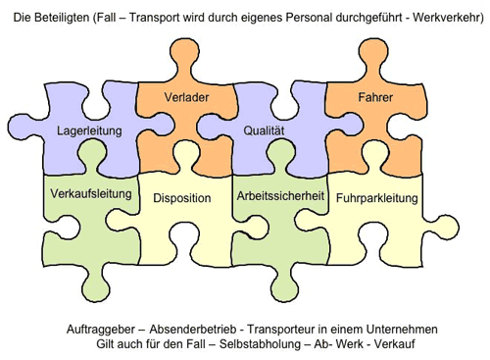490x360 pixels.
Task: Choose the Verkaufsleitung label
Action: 90,193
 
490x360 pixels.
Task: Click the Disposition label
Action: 182,198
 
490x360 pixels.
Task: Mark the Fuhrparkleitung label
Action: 377,198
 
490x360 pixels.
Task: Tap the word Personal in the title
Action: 299,17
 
